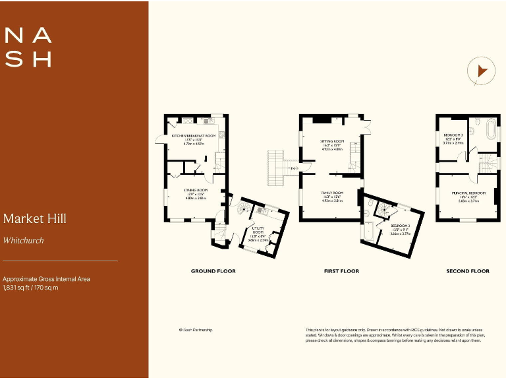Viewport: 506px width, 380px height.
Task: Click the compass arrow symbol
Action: click(x=481, y=71)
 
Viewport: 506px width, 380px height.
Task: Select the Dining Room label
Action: click(x=196, y=193)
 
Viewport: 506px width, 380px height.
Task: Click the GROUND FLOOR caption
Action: click(x=213, y=271)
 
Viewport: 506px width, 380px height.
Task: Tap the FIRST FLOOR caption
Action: click(x=341, y=271)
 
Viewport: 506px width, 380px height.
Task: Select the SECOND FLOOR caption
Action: click(x=468, y=271)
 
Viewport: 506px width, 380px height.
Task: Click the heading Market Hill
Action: click(x=34, y=218)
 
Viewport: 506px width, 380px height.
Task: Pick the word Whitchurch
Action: click(x=23, y=241)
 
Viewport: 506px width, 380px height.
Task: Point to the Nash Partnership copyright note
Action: click(x=196, y=330)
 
